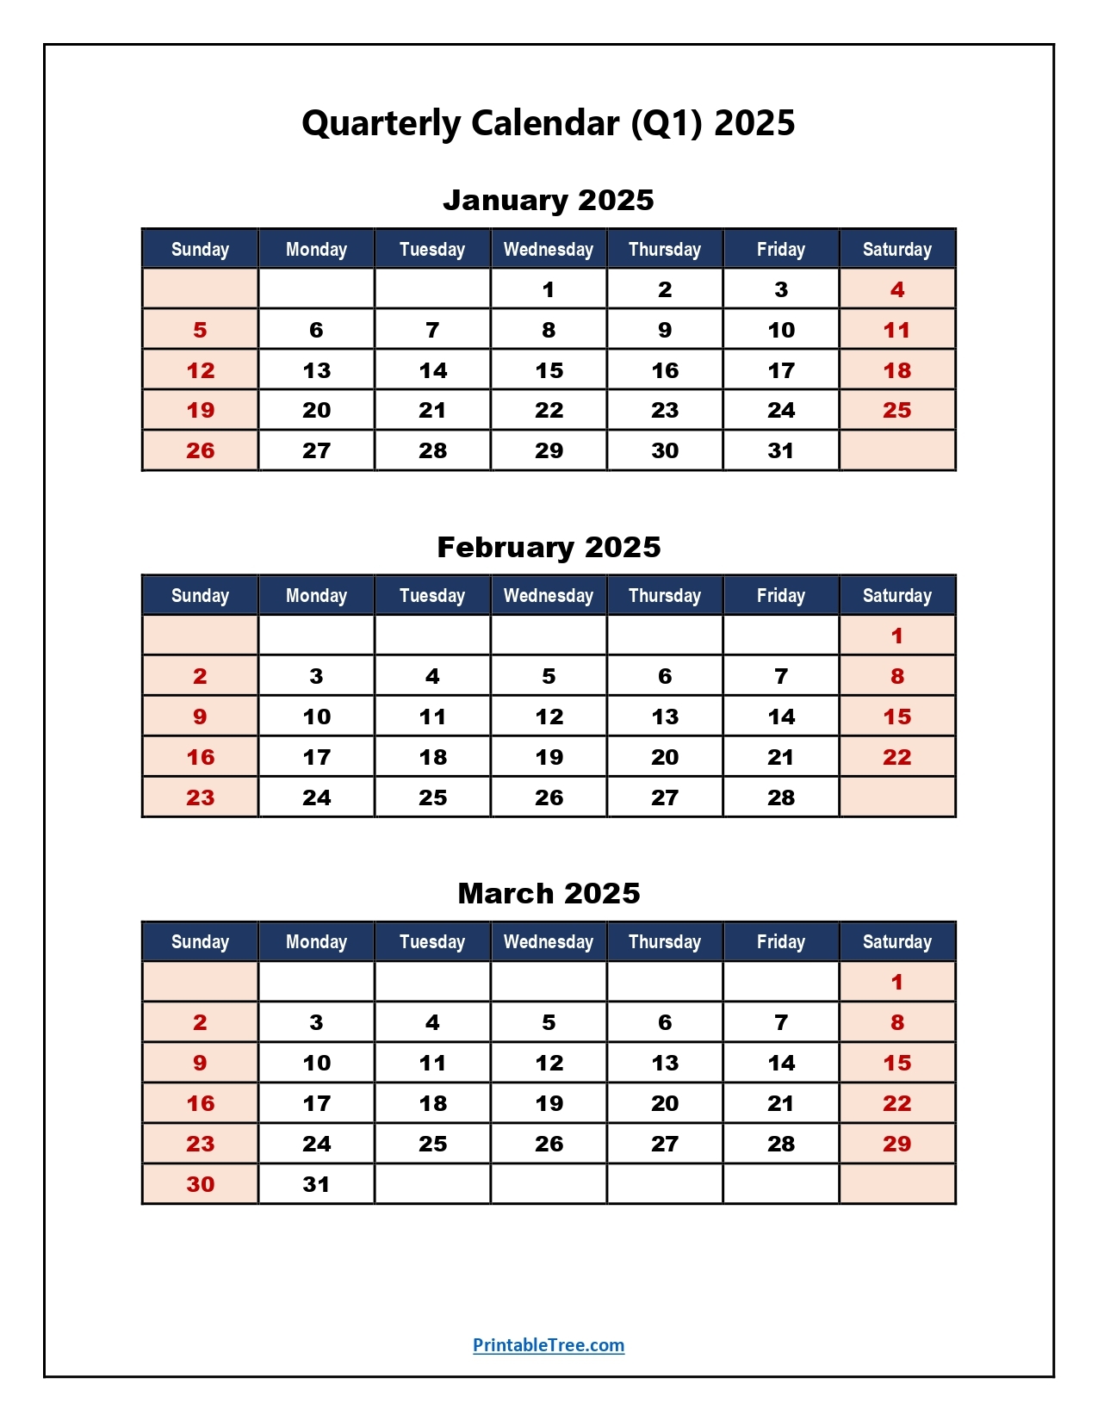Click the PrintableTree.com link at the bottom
549,1345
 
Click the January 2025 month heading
549,201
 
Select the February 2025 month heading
549,548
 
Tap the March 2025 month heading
549,894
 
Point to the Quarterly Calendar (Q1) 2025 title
549,123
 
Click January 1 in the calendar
549,290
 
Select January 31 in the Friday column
781,451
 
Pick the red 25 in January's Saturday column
896,411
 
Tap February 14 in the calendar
781,717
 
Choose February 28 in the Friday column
781,798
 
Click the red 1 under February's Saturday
896,636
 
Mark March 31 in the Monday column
316,1185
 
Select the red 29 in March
896,1145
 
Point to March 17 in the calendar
316,1104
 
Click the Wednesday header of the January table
549,250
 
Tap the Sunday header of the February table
200,596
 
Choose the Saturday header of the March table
896,942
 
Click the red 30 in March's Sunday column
200,1185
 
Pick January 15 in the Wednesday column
549,371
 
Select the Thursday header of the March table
665,942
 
